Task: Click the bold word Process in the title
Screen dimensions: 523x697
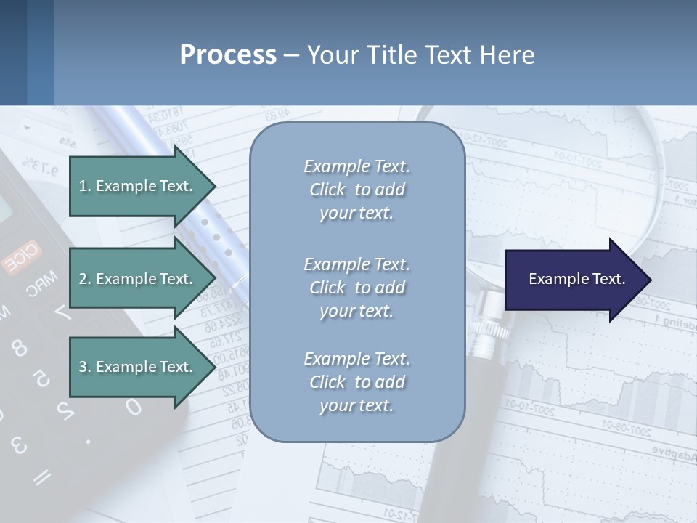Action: pos(228,55)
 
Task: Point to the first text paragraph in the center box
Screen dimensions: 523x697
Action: pos(356,190)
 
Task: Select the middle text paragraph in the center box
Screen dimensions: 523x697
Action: pos(356,288)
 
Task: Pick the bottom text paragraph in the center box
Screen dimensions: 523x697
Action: pos(356,382)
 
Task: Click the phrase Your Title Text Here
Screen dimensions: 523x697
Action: pos(420,55)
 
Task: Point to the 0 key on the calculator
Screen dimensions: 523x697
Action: pos(133,406)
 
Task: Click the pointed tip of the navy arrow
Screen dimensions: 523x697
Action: pos(650,280)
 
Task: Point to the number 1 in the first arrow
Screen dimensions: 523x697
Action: pos(82,186)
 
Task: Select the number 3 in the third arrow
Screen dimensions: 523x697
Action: pos(82,367)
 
